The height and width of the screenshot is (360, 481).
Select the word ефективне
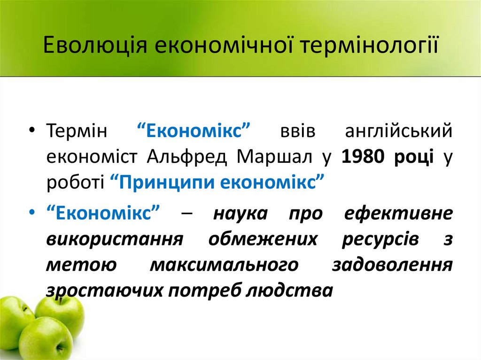click(398, 214)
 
